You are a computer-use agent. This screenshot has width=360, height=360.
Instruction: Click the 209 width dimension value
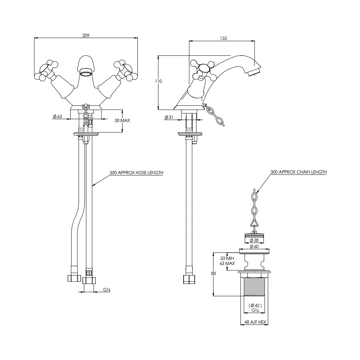(x=86, y=35)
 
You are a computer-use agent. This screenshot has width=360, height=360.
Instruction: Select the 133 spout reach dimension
(x=224, y=39)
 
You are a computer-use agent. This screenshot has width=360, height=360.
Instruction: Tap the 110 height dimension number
(x=158, y=81)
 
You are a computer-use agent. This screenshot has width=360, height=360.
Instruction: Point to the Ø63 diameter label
(x=57, y=116)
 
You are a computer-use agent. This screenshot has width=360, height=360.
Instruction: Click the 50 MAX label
(x=122, y=120)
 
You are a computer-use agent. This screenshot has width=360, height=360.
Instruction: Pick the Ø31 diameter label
(x=169, y=117)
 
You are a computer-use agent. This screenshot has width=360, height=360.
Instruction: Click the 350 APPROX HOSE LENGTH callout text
(x=136, y=173)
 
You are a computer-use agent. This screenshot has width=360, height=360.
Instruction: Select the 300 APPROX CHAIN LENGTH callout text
(x=298, y=172)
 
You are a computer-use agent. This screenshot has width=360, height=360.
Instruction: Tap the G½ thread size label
(x=107, y=289)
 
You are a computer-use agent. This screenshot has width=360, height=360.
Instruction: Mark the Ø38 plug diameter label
(x=254, y=240)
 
